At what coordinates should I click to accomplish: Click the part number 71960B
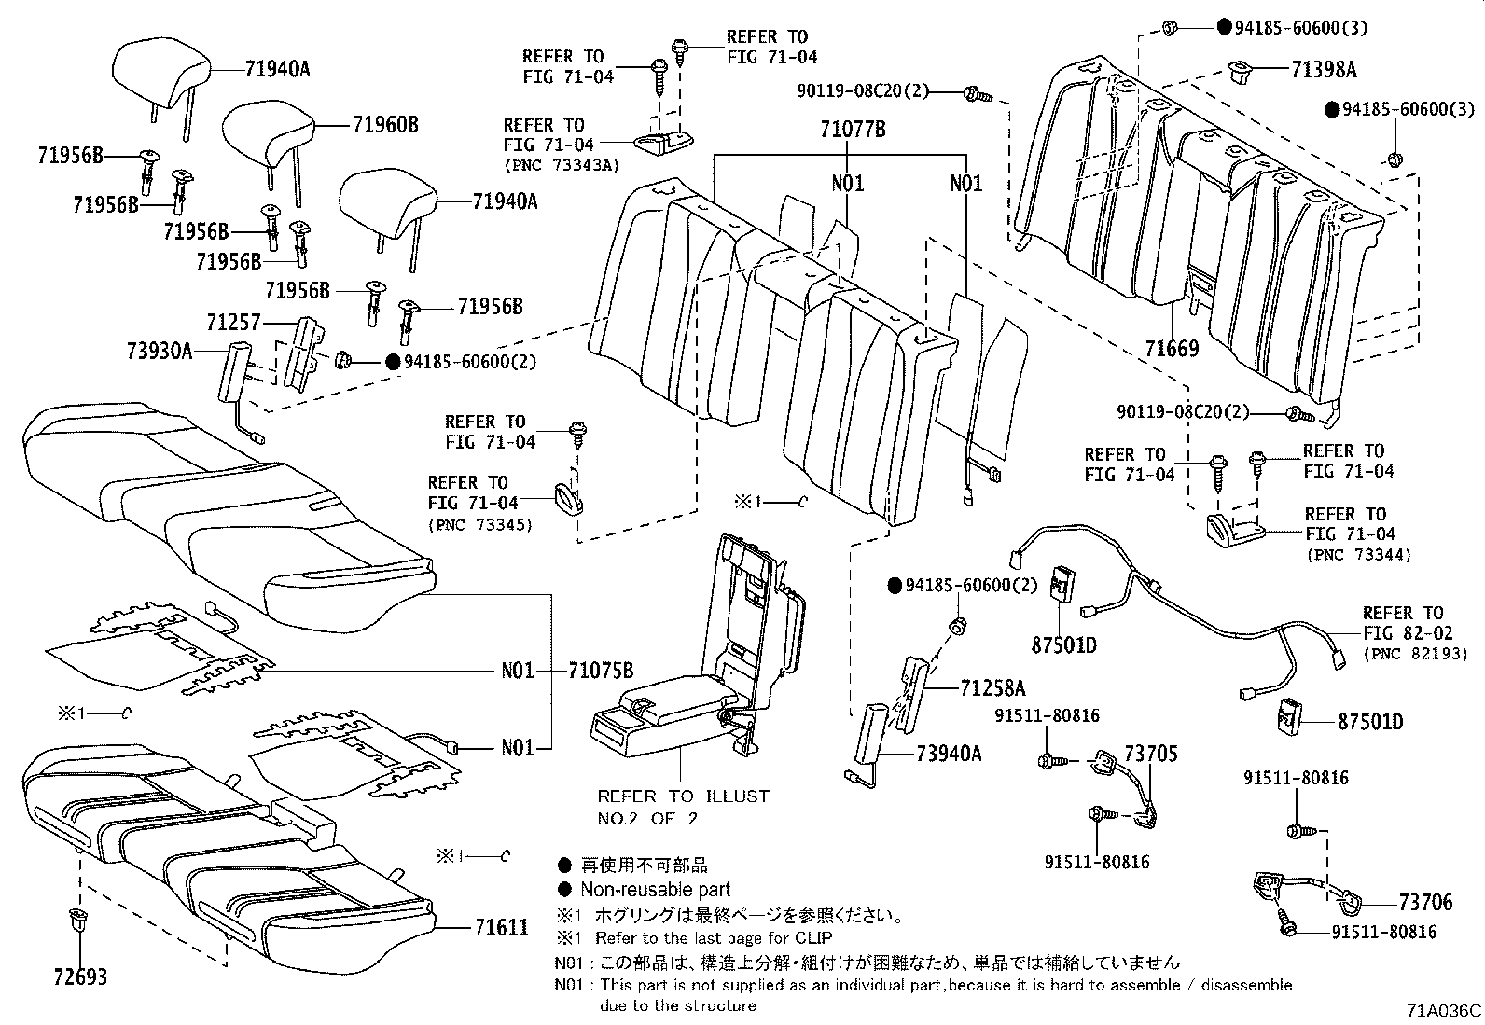[385, 124]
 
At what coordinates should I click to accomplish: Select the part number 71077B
[853, 130]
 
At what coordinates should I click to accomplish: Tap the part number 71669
[1172, 349]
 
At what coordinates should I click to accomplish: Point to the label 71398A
[1325, 69]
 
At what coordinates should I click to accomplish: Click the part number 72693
[79, 977]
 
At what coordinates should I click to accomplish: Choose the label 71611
[501, 927]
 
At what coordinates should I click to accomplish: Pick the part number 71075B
[602, 670]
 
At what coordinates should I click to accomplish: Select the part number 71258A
[992, 688]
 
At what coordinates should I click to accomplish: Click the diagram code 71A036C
[1444, 1010]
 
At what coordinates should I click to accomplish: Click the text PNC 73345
[479, 524]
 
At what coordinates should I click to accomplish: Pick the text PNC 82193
[1403, 654]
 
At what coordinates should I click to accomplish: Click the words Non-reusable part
[655, 890]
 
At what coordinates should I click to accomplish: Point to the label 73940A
[949, 753]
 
